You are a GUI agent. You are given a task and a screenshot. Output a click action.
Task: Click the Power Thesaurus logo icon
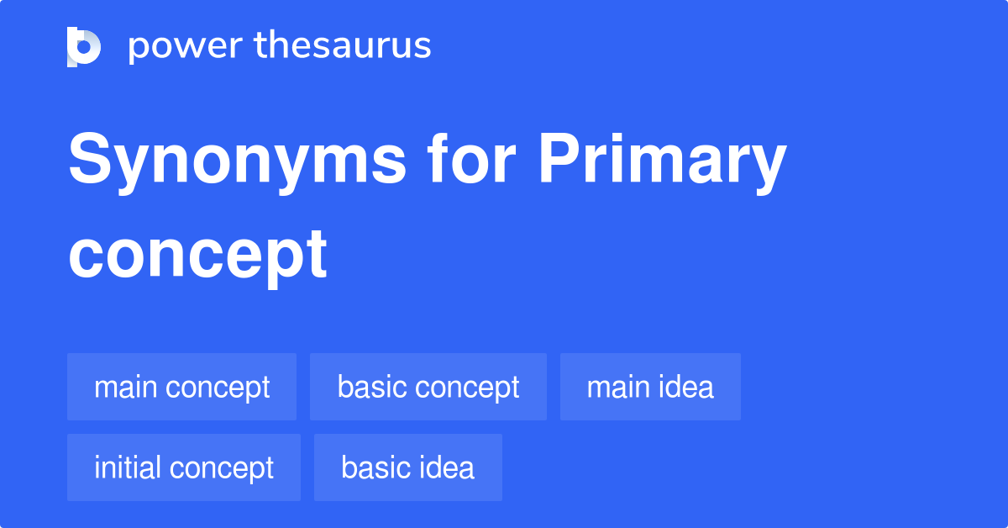pos(84,46)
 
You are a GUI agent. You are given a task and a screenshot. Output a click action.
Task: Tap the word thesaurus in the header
pos(343,46)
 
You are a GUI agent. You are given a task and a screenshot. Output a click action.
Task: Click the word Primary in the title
pos(662,161)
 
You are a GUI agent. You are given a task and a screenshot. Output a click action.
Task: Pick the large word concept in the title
pos(197,254)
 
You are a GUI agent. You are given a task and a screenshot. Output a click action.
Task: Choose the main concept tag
pos(181,388)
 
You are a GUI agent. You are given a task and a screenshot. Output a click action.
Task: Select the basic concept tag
pos(428,388)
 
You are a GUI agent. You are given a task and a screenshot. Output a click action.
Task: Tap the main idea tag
pos(650,388)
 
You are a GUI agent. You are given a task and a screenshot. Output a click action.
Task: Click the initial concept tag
pos(183,467)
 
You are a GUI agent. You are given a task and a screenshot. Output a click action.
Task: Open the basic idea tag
pos(407,467)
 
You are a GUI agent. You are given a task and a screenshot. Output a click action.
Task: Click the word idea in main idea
pos(684,388)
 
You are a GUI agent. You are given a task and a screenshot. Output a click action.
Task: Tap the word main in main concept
pos(124,388)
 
